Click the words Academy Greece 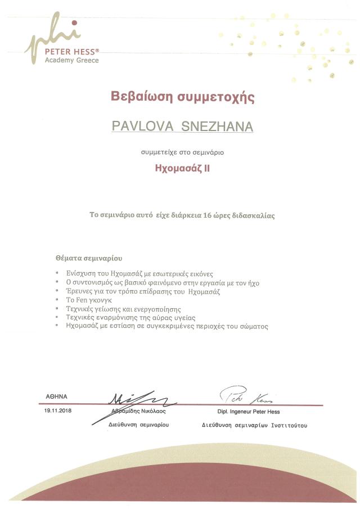[72, 60]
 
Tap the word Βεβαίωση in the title [139, 97]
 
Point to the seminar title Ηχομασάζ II [182, 167]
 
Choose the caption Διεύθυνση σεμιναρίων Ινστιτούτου [254, 426]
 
